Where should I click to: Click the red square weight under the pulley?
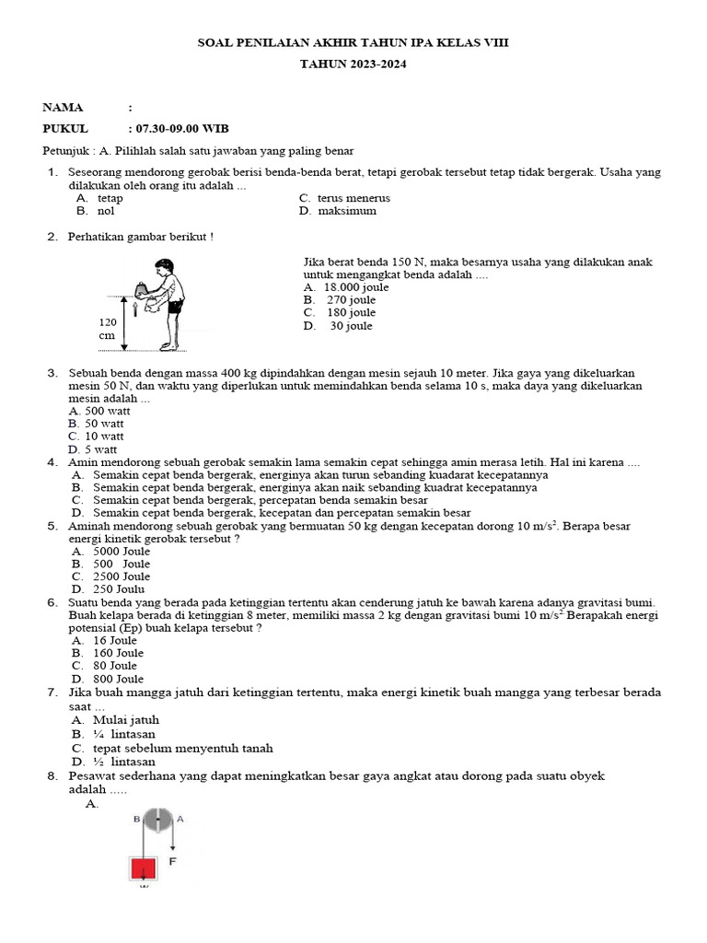(x=144, y=868)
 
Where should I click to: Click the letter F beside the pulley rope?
(x=172, y=862)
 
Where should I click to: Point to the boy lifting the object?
(x=166, y=304)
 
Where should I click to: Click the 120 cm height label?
(x=108, y=329)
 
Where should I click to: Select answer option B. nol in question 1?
(x=96, y=211)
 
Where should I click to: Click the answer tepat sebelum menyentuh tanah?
(x=171, y=749)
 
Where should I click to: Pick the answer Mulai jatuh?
(x=115, y=720)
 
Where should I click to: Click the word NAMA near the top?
(x=63, y=108)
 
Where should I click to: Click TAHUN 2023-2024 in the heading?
(x=353, y=64)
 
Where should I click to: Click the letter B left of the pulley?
(x=136, y=818)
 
